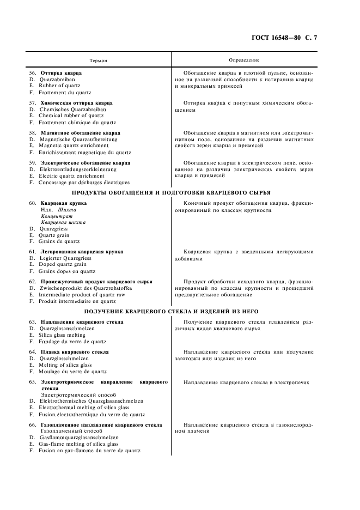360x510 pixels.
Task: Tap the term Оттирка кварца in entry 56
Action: click(61, 72)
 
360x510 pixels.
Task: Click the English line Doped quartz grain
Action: click(63, 264)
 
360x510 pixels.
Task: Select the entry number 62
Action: click(33, 281)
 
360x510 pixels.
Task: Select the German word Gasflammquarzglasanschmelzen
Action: click(79, 438)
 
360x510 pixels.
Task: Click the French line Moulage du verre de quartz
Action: click(72, 372)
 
